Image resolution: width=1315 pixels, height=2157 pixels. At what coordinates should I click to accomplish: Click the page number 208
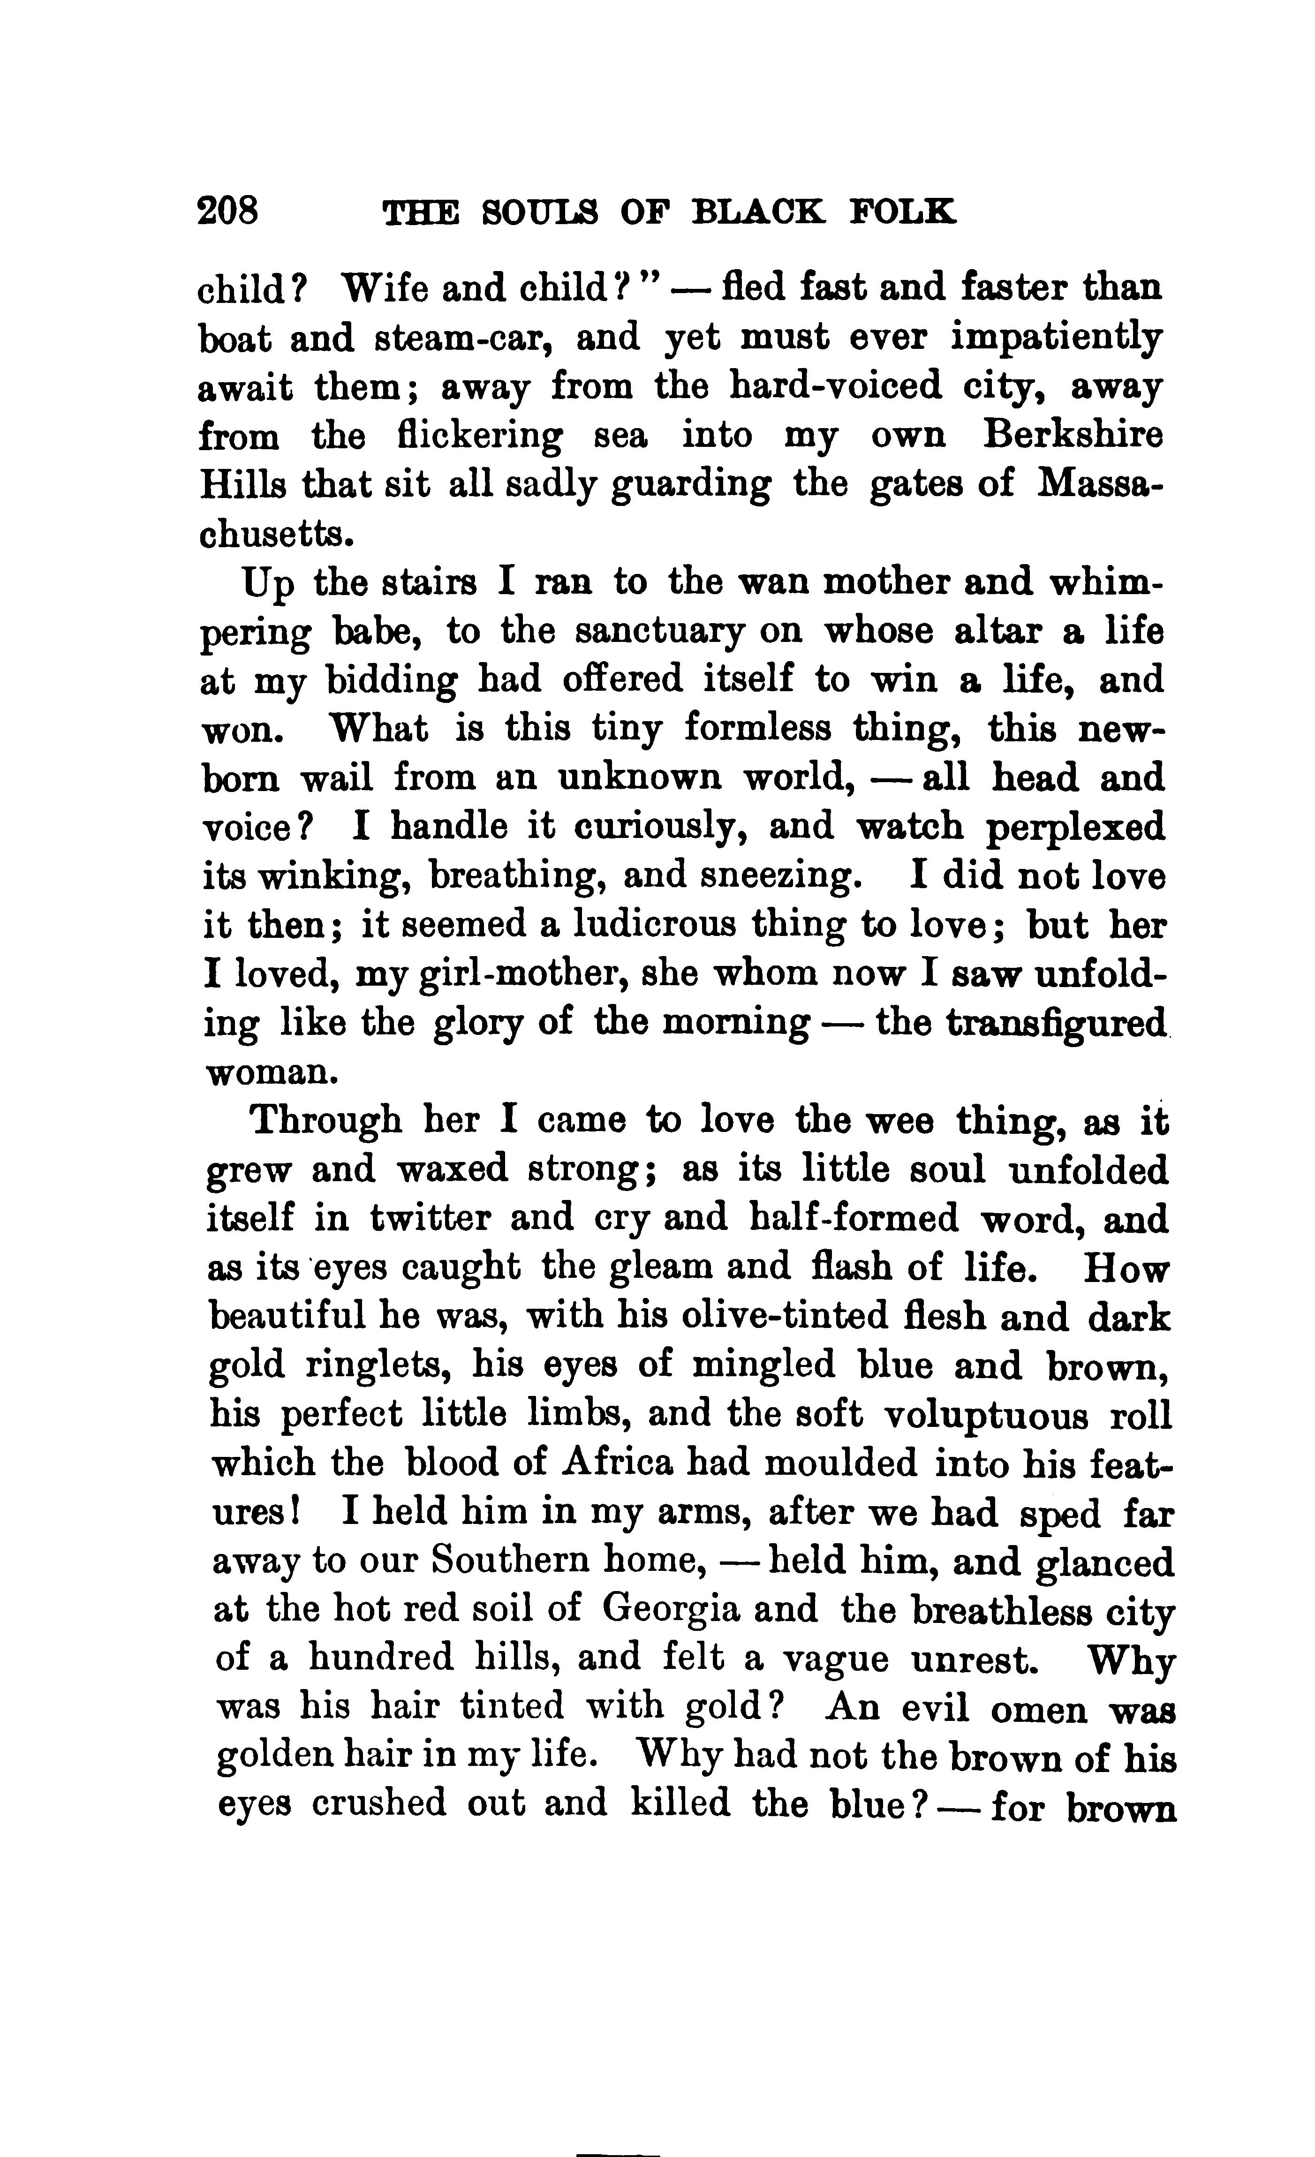(x=228, y=211)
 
